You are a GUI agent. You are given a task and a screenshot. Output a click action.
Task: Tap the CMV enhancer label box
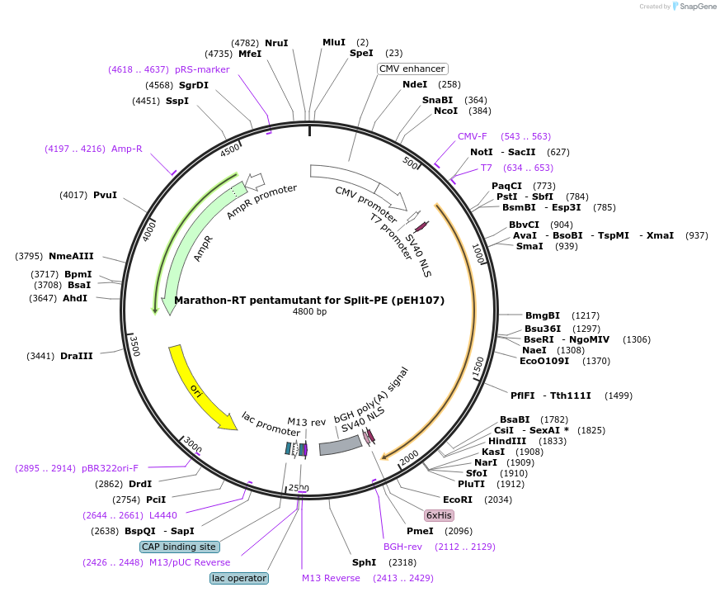412,69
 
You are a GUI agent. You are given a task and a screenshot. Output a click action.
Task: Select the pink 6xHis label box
440,515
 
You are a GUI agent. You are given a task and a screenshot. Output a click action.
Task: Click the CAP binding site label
179,547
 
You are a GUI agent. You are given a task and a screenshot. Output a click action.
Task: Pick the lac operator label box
239,578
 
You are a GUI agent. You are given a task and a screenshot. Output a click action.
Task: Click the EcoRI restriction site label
458,500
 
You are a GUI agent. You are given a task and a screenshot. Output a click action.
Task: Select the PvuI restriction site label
105,195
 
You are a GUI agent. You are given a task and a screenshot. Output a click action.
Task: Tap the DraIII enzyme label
77,356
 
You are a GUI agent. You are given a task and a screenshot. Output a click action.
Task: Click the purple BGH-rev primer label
402,547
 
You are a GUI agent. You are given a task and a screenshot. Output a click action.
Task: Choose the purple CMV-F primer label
473,136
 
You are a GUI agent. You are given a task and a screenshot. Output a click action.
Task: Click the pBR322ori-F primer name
111,468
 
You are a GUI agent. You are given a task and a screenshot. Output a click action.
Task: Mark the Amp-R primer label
127,149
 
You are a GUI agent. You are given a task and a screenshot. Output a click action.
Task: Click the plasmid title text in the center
309,301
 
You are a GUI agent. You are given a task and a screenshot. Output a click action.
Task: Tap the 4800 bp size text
309,312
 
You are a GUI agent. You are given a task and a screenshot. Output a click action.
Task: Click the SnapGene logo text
696,7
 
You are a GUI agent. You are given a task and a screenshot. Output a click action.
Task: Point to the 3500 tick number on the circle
135,346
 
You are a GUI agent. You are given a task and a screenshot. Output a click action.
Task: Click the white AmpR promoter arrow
255,180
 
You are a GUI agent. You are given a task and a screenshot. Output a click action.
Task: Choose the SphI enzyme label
364,562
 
